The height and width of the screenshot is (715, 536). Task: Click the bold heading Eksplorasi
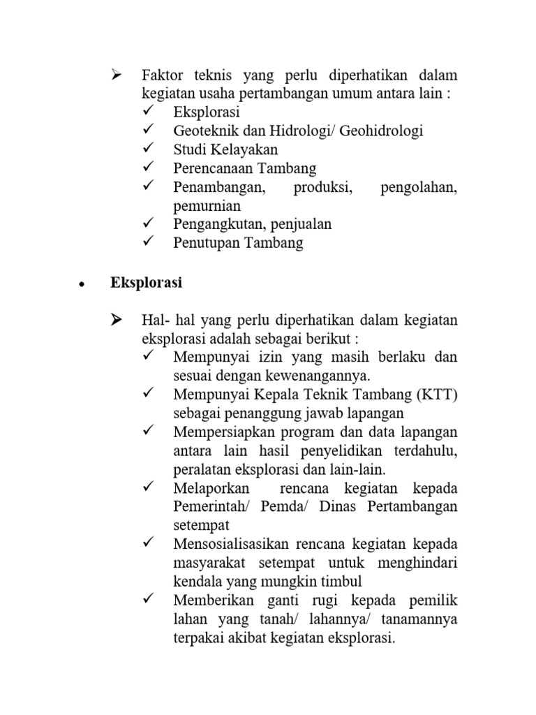click(x=147, y=283)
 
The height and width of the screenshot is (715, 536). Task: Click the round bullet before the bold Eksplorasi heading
click(x=82, y=285)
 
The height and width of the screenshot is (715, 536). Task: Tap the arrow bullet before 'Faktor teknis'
click(x=116, y=75)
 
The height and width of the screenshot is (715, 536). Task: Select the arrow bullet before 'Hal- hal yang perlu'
click(x=116, y=320)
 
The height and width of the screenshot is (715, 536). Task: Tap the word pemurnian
click(x=207, y=206)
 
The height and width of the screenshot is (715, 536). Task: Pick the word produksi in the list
click(x=323, y=187)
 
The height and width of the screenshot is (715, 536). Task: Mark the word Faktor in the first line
click(x=161, y=75)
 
